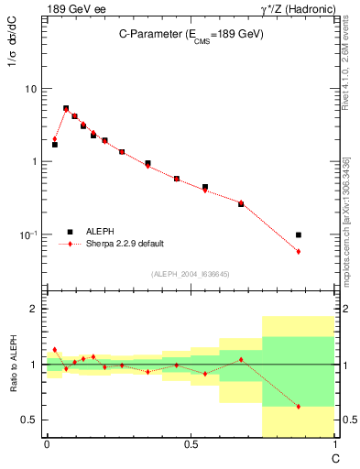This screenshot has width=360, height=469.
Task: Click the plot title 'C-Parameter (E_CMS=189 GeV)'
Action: point(191,34)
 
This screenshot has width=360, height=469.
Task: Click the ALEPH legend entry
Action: point(101,232)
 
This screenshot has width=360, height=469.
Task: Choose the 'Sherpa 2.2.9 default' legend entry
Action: point(124,244)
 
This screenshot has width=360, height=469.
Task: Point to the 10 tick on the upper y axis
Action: point(31,89)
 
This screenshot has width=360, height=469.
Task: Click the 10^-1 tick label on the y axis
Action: point(27,235)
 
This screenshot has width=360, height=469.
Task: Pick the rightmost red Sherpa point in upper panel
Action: point(299,251)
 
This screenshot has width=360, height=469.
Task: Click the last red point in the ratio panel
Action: point(299,406)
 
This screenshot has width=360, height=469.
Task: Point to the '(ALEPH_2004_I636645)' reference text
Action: point(191,273)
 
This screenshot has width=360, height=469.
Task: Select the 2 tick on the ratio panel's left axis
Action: point(35,309)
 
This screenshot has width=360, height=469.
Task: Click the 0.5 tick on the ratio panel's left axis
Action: point(31,420)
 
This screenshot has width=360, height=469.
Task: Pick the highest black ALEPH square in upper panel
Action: point(66,108)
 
